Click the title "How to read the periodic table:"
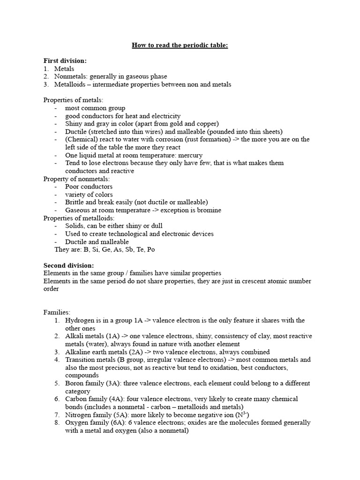click(180, 45)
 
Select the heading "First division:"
click(65, 61)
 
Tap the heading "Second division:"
click(68, 265)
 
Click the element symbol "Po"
click(150, 249)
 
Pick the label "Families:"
click(57, 312)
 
